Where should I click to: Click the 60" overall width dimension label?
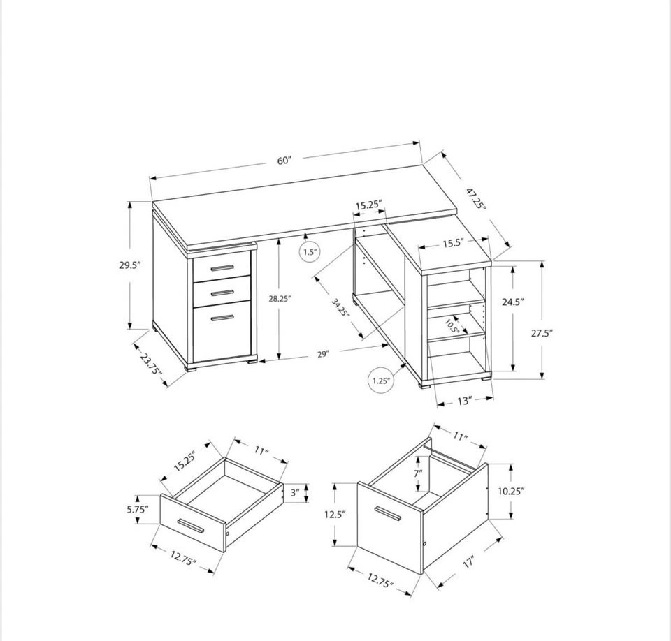click(284, 161)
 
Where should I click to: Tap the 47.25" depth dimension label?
click(476, 198)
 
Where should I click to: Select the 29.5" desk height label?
click(130, 265)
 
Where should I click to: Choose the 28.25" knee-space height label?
click(280, 299)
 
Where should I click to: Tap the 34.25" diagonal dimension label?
click(341, 307)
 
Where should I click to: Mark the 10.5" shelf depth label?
click(452, 326)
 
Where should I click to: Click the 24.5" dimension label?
click(513, 302)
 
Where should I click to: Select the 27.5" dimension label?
click(542, 333)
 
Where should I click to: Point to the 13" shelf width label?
click(464, 401)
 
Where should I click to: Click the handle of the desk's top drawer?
click(222, 268)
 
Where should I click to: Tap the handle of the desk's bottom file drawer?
click(222, 318)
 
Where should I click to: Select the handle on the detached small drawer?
click(191, 526)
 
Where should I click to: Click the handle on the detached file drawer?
click(387, 514)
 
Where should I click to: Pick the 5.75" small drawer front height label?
click(138, 509)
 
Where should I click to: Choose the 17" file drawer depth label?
click(469, 561)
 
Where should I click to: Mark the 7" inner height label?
click(418, 473)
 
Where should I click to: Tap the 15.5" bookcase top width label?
click(454, 244)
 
